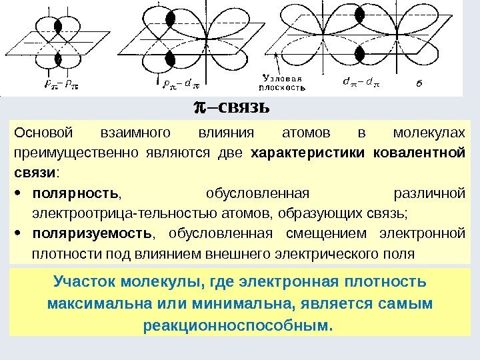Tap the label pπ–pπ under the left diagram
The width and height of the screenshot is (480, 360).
pyautogui.click(x=51, y=84)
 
